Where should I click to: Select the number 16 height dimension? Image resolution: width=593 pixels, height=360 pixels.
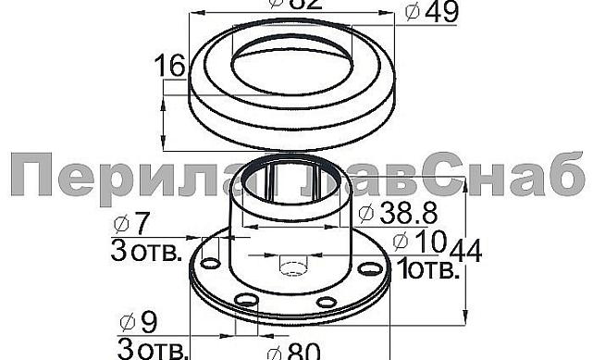172,66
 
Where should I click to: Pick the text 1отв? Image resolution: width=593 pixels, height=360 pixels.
426,271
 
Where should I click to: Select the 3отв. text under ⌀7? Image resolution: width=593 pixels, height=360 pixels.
147,251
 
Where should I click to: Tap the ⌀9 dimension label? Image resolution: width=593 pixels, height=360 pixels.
139,323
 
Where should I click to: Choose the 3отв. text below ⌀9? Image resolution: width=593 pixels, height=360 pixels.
153,349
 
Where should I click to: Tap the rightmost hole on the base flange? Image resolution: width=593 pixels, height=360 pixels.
370,267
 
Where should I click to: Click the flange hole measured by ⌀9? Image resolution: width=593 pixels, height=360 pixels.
245,300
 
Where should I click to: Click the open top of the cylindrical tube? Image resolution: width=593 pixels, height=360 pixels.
294,175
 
